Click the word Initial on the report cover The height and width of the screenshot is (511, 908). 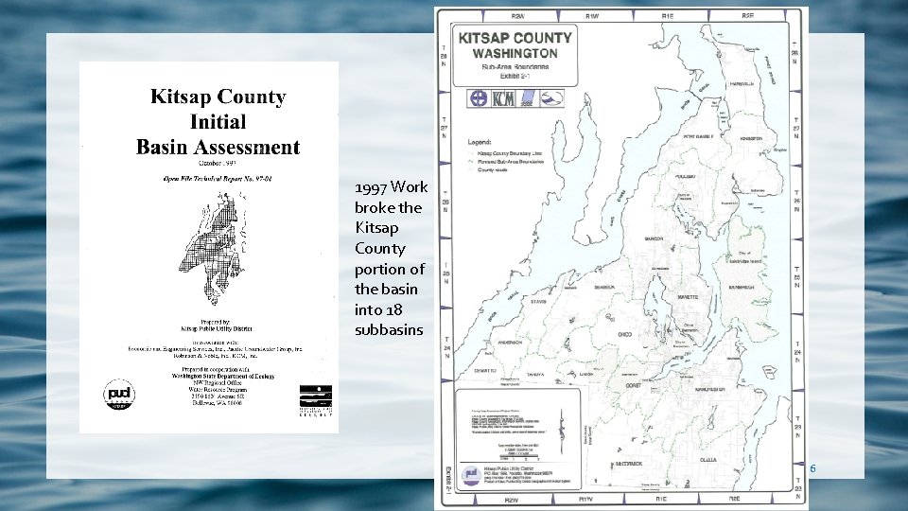coord(218,122)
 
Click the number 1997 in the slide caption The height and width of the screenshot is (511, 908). coord(370,187)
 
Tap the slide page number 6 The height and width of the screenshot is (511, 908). coord(812,468)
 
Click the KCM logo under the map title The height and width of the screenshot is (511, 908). coord(502,97)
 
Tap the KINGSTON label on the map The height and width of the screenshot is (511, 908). coord(751,138)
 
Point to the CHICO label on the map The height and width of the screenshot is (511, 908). coord(624,334)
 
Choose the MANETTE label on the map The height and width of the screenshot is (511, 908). coord(688,297)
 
